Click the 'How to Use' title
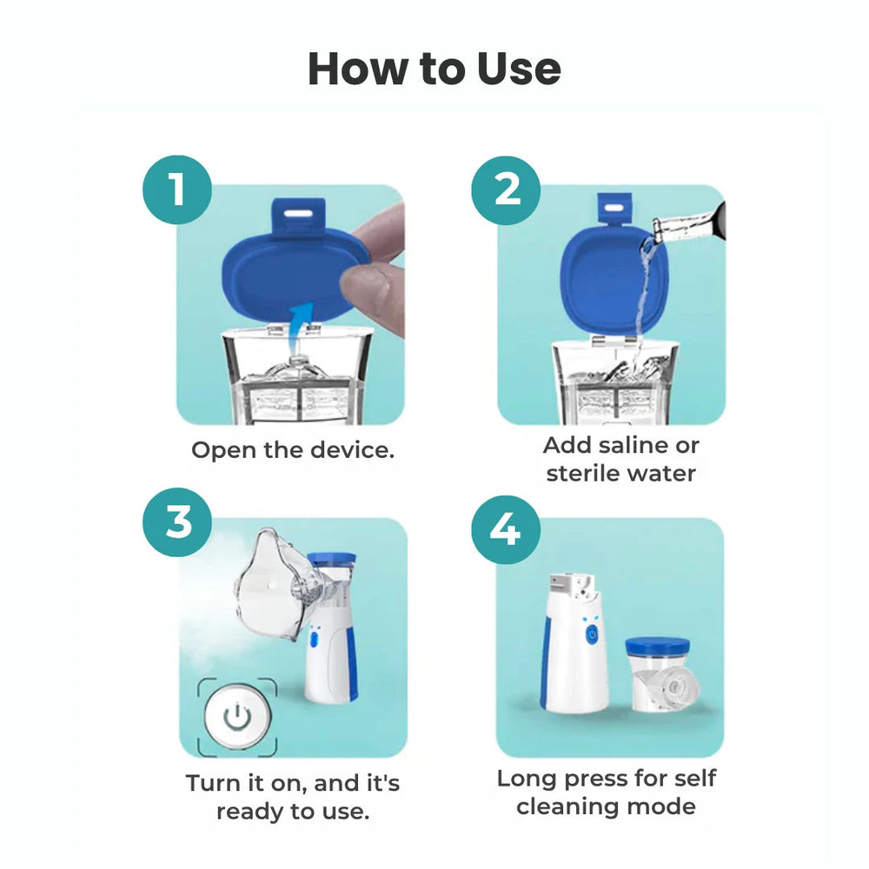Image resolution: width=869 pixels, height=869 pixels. (434, 69)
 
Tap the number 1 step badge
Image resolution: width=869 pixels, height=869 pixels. (177, 189)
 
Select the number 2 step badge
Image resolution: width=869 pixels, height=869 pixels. (506, 189)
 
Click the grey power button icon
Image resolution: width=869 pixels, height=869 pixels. (236, 718)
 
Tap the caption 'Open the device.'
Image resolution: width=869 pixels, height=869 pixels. (293, 450)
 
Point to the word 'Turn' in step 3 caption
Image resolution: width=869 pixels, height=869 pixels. (213, 783)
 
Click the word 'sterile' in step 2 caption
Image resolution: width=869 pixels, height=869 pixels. (584, 474)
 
